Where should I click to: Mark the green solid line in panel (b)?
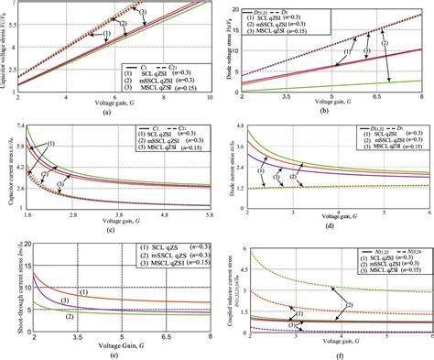366,84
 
